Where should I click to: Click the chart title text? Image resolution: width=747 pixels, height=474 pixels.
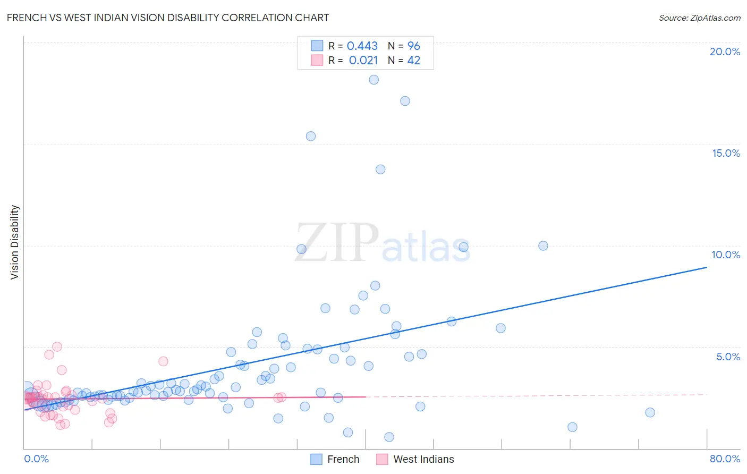[x=168, y=18]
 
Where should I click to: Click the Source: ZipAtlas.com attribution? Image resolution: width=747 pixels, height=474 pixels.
[x=699, y=18]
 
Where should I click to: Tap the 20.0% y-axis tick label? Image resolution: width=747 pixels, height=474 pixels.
[x=725, y=52]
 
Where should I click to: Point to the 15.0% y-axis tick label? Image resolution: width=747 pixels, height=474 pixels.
[x=726, y=153]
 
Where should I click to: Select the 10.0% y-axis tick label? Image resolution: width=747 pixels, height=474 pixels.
[x=726, y=255]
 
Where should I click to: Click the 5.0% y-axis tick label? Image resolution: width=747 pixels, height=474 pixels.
[x=728, y=357]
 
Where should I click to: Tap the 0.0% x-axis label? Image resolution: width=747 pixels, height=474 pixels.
[x=36, y=459]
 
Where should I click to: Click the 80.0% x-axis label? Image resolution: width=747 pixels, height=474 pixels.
[x=725, y=459]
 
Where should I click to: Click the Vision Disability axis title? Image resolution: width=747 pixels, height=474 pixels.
[x=15, y=242]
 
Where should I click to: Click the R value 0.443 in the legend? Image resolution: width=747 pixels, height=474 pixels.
[x=362, y=46]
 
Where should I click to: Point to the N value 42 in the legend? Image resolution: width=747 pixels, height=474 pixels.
[x=413, y=61]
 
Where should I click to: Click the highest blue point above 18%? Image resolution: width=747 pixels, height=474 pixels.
[x=373, y=80]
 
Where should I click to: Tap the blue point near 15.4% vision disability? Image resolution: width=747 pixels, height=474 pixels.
[x=311, y=136]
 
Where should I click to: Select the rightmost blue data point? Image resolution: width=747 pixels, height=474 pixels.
[x=650, y=412]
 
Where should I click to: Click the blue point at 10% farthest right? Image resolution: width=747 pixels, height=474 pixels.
[x=543, y=246]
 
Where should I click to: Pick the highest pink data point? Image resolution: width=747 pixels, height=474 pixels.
[x=57, y=346]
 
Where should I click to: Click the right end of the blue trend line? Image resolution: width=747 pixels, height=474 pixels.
[x=707, y=267]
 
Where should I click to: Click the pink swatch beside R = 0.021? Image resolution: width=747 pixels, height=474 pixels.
[x=317, y=60]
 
